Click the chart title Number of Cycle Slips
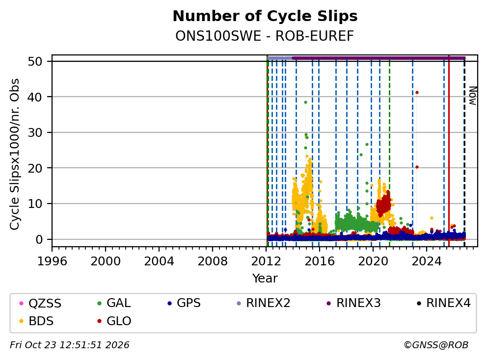265,16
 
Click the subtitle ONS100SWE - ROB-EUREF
265,36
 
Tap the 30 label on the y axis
35,132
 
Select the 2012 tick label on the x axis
266,261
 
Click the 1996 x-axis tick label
52,261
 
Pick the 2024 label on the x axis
427,261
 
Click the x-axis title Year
265,279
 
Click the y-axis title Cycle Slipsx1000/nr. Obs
15,154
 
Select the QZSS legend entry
41,303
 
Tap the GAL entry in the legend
114,303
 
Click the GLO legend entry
114,321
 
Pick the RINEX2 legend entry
264,303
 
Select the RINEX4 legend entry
444,303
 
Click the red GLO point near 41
417,93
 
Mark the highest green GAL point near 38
305,102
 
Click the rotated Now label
472,96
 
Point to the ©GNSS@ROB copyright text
436,345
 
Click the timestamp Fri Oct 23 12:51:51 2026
70,345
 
